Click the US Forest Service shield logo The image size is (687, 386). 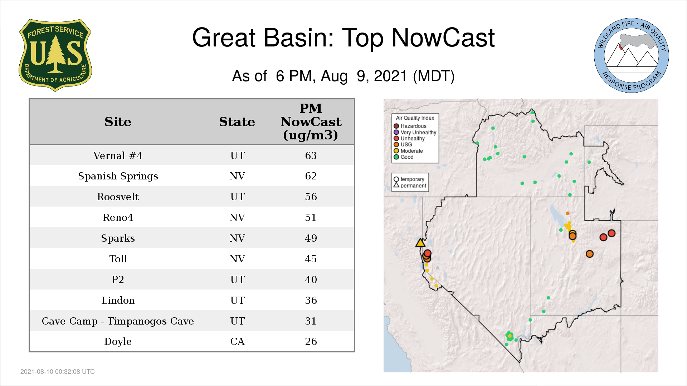click(55, 55)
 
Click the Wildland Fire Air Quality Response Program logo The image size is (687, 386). click(632, 55)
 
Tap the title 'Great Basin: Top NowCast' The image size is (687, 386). click(343, 38)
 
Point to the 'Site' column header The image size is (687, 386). click(118, 122)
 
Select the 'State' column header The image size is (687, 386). click(237, 122)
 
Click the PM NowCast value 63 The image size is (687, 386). click(311, 155)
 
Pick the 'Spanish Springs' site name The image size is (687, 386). click(118, 176)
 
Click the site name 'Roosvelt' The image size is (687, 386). click(118, 197)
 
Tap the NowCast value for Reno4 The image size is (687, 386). click(311, 217)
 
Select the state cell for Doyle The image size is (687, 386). click(237, 341)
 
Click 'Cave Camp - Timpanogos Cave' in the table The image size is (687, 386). click(118, 321)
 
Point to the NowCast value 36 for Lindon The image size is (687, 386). click(311, 300)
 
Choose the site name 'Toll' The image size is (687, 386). click(118, 259)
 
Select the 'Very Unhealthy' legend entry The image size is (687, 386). click(415, 132)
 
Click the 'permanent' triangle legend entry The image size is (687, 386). click(410, 185)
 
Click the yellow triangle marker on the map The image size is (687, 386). click(420, 243)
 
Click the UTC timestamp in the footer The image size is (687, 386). click(58, 372)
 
